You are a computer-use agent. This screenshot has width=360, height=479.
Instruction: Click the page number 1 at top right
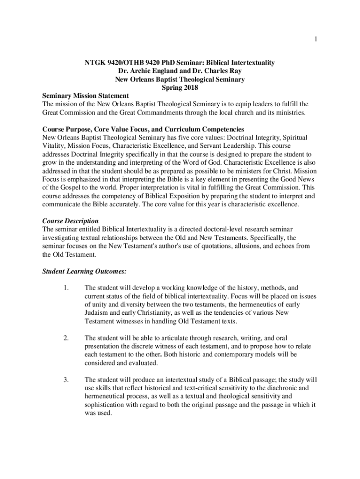click(x=316, y=39)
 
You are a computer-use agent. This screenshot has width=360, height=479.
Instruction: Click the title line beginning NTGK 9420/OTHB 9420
click(x=180, y=62)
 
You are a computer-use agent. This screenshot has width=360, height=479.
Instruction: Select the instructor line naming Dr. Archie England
click(x=180, y=71)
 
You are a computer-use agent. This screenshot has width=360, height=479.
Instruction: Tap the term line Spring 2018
click(x=180, y=87)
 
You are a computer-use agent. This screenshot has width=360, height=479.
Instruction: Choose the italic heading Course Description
click(x=70, y=221)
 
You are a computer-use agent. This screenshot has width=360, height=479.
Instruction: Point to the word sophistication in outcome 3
click(x=106, y=405)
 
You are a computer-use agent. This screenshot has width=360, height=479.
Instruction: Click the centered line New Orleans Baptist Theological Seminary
click(x=180, y=79)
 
